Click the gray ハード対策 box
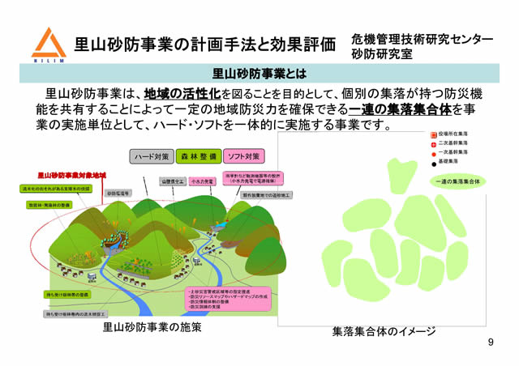pos(152,155)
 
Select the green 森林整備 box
pos(195,155)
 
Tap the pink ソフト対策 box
pos(242,155)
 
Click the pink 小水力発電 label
pos(204,181)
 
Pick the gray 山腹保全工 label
pos(173,181)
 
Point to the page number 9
pos(491,343)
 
